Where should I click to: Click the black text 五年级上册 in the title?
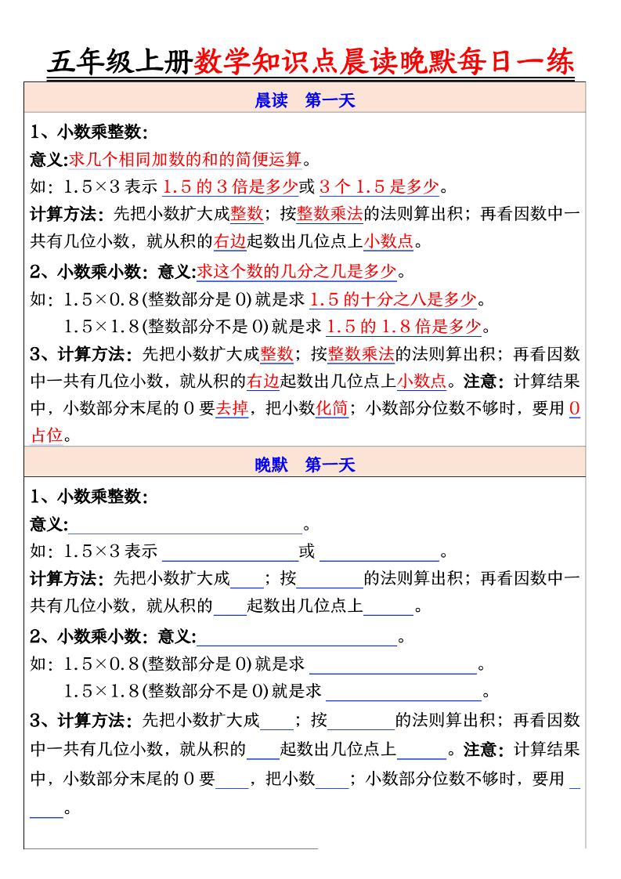(120, 62)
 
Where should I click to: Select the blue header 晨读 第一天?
(305, 100)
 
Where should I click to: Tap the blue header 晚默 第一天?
(305, 465)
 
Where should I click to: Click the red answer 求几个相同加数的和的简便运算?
(186, 160)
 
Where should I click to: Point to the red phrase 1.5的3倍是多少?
(229, 186)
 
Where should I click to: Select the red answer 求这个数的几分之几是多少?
(297, 272)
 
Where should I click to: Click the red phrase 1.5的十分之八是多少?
(393, 299)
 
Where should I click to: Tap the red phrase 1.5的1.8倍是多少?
(403, 326)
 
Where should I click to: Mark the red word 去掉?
(232, 408)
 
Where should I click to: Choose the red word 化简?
(332, 408)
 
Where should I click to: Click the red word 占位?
(46, 436)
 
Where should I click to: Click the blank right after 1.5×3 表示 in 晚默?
(229, 553)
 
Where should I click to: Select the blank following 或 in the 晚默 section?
(379, 553)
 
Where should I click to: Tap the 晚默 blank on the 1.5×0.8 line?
(393, 666)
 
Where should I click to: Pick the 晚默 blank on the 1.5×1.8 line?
(403, 693)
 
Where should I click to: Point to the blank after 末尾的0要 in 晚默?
(232, 780)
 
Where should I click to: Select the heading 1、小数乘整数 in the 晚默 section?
(88, 497)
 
